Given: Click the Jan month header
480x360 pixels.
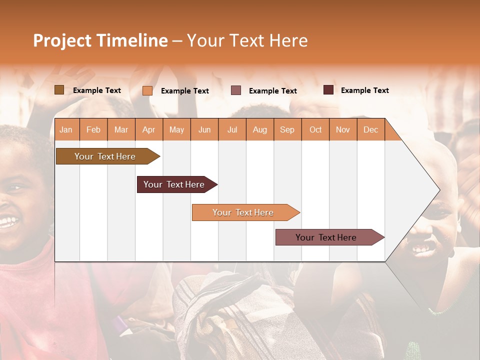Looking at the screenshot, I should [66, 129].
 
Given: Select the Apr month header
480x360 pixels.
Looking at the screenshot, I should [149, 129].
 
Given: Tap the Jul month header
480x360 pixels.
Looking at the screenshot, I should [232, 129].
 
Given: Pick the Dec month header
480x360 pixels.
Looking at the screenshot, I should [370, 129].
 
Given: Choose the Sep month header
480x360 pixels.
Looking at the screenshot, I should [287, 129].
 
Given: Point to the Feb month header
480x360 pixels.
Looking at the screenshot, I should [93, 129].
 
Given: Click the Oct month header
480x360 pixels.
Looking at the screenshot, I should [315, 129].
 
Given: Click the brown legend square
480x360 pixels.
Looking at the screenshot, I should [59, 90].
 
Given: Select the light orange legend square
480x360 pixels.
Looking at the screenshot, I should [147, 90].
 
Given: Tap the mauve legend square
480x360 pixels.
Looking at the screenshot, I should [236, 90].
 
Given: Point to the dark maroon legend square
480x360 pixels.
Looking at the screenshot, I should [328, 90].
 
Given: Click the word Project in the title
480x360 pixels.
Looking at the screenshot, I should [61, 40].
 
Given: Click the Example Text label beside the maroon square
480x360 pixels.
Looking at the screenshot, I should [364, 90].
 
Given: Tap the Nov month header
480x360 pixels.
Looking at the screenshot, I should [343, 129].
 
